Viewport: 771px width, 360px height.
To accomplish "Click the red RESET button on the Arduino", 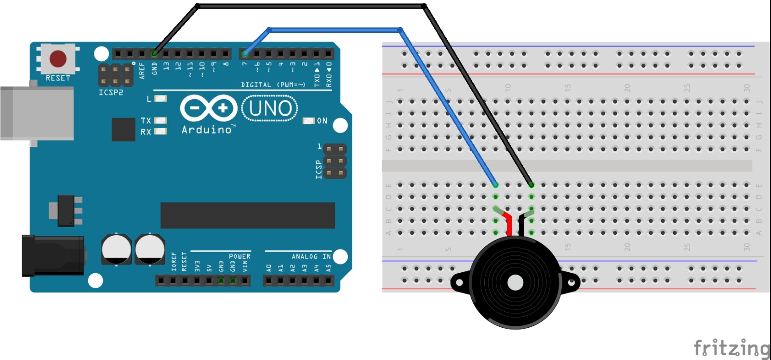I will point(58,59).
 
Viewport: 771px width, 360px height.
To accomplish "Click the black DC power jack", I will point(53,256).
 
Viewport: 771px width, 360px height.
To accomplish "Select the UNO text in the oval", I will point(270,108).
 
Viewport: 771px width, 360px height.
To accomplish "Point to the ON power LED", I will point(308,120).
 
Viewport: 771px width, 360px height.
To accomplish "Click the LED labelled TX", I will point(160,120).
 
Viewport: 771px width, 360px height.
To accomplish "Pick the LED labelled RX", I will point(160,131).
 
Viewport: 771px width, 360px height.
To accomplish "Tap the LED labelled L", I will point(160,99).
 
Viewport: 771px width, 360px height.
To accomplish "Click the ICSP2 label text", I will point(111,93).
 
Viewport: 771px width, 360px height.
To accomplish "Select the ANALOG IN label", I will point(311,256).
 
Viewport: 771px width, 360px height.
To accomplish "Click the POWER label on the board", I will point(239,256).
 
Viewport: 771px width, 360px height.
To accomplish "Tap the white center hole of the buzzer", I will point(515,283).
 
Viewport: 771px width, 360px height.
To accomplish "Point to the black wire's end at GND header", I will point(154,53).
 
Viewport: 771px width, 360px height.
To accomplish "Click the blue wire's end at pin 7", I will point(245,53).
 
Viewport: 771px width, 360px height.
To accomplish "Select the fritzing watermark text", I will point(731,348).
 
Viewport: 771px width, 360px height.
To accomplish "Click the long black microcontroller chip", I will point(248,215).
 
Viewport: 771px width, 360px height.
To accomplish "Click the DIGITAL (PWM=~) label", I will point(273,85).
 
